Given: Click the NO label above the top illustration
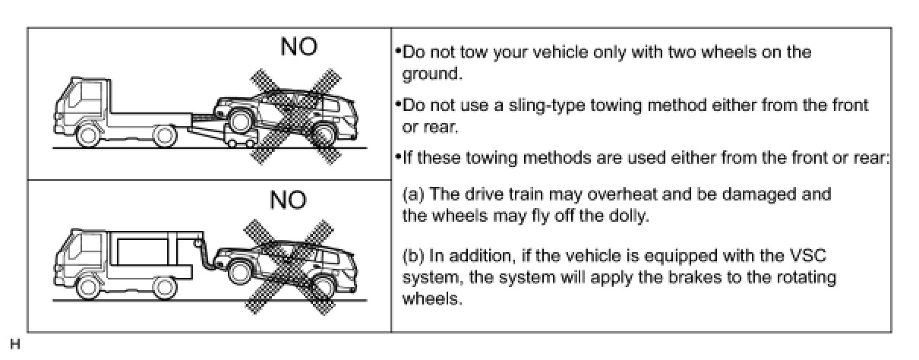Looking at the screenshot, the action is coord(299,46).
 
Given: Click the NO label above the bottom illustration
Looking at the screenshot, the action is coord(288,200).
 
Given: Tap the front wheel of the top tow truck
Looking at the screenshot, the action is coord(88,135).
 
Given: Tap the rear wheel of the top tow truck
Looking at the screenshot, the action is coord(165,136).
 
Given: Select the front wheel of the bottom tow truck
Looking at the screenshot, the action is coord(88,288).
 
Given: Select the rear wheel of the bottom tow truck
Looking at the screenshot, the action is coord(165,288).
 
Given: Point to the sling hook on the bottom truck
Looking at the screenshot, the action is coord(198,243).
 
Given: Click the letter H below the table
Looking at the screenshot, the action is coord(14,344).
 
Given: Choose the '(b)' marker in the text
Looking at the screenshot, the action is coord(413,256).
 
